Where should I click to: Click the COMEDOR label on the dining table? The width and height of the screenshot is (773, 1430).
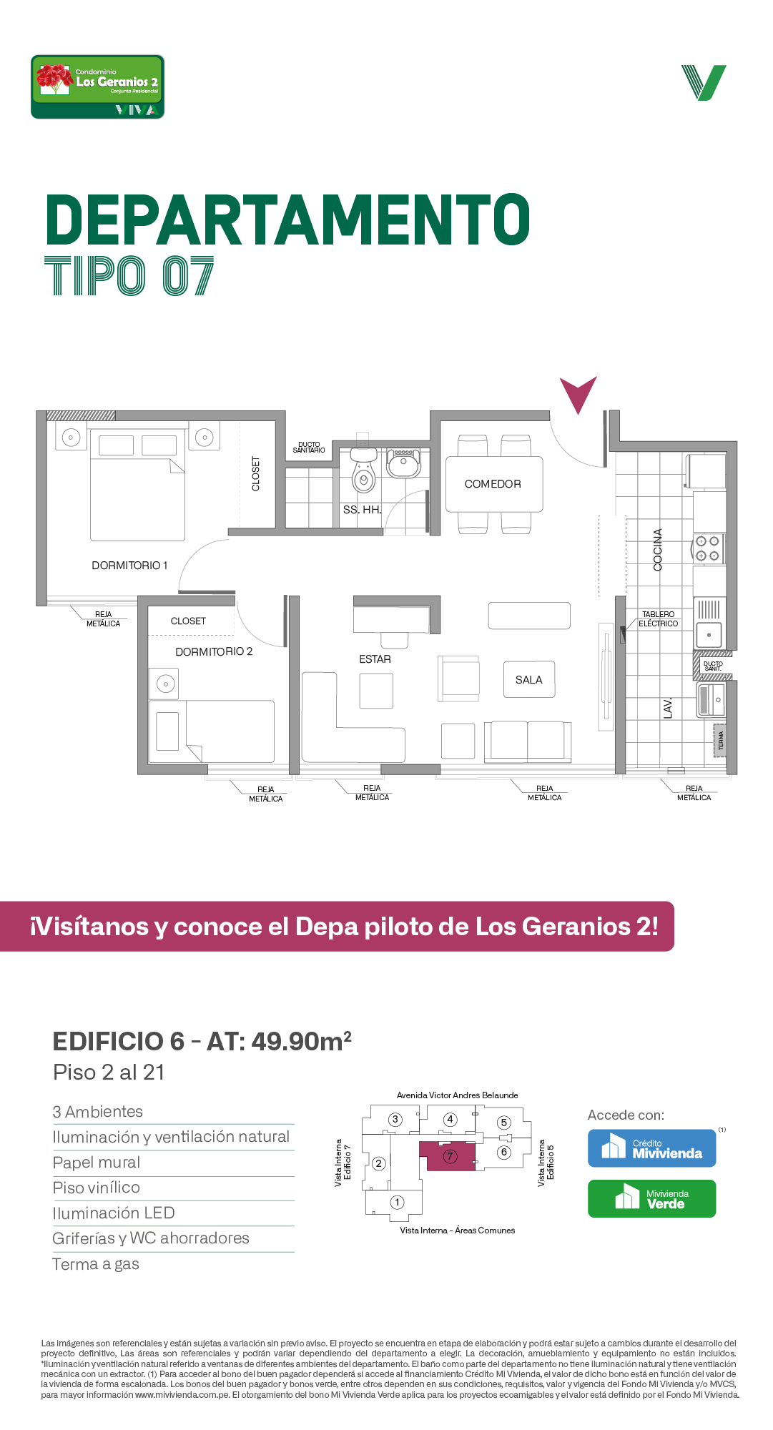tap(493, 484)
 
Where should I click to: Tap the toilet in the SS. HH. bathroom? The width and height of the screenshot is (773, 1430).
tap(363, 471)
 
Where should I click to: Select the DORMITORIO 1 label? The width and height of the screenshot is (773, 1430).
tap(129, 566)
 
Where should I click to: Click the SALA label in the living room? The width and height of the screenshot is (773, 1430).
tap(529, 680)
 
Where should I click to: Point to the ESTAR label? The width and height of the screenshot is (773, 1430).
tap(375, 659)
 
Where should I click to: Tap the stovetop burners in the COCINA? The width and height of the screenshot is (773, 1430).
tap(708, 548)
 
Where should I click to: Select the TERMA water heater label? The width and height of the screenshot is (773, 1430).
tap(721, 741)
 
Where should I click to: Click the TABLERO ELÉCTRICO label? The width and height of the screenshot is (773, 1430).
tap(658, 619)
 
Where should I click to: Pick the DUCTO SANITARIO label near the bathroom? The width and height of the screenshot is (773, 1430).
tap(309, 448)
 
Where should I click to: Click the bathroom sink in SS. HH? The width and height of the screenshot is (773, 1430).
tap(403, 463)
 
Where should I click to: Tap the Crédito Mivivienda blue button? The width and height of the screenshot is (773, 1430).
tap(651, 1148)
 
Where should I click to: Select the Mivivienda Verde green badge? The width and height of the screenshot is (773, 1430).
tap(651, 1198)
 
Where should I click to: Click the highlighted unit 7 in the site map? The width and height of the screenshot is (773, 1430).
tap(447, 1156)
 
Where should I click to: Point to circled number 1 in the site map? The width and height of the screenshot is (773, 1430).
tap(398, 1202)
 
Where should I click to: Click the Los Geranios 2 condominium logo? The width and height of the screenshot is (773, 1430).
tap(98, 87)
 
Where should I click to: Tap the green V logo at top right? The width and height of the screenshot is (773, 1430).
tap(704, 83)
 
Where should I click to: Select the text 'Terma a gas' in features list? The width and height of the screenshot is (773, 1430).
tap(96, 1264)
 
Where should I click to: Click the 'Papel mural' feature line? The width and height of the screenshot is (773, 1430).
tap(97, 1163)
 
